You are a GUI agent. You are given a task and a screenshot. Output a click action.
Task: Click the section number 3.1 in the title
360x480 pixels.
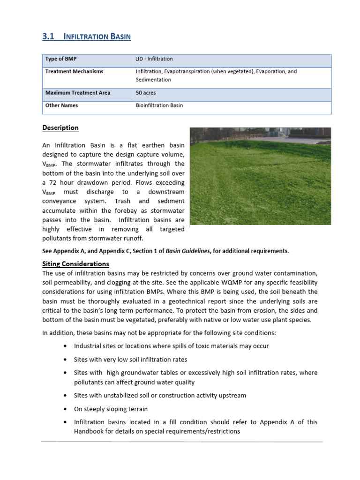(48, 36)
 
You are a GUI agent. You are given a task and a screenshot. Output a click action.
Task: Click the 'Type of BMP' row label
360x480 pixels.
(61, 59)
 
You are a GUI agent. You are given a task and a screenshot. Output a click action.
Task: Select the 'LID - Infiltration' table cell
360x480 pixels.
(154, 59)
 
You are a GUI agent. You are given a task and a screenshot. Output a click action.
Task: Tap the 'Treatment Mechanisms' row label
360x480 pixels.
(74, 72)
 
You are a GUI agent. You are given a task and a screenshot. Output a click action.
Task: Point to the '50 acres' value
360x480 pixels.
(146, 93)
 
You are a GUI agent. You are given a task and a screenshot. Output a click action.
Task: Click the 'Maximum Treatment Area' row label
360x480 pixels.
(78, 93)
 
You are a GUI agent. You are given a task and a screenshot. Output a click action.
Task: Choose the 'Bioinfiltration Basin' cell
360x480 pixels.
(159, 105)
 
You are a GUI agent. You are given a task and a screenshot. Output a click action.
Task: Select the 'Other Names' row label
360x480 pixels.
(61, 105)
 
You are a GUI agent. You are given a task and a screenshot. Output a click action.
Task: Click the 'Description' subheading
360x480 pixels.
(60, 128)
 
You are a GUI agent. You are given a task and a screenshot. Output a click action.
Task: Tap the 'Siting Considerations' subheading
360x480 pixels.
(75, 264)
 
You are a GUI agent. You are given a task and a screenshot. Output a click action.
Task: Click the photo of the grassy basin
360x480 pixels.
(260, 176)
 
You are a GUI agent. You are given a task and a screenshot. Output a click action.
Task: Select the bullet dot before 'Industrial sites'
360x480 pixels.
(64, 346)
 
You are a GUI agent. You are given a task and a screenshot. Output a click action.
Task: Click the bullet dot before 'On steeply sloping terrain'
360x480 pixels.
(64, 409)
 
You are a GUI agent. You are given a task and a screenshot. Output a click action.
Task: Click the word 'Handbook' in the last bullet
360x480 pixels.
(87, 431)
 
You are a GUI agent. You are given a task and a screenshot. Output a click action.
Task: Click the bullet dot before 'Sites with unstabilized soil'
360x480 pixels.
(64, 396)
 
